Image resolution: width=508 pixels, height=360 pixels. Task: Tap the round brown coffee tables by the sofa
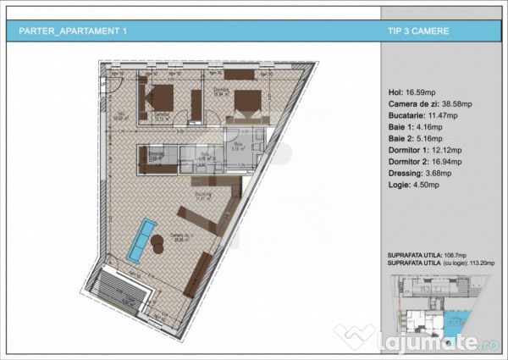pyautogui.click(x=158, y=243)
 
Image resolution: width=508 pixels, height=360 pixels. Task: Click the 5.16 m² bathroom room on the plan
pyautogui.click(x=240, y=144)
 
